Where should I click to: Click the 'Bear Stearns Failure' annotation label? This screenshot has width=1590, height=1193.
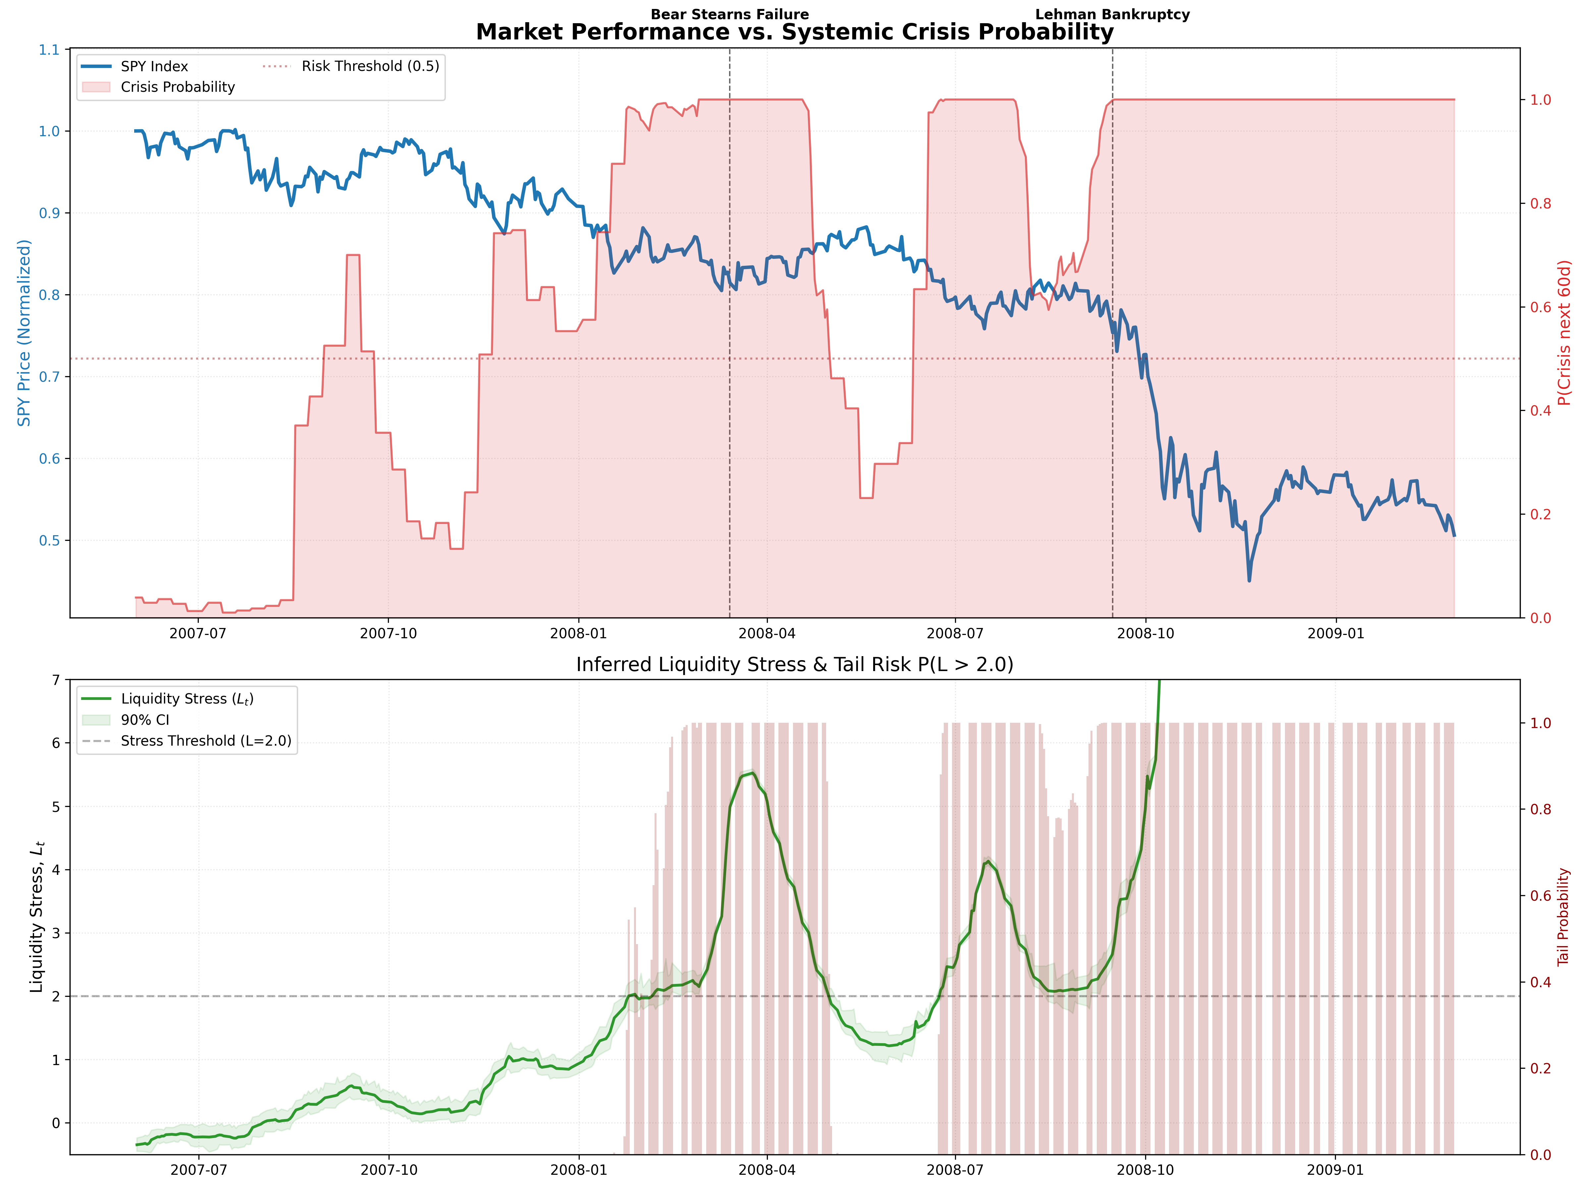click(730, 14)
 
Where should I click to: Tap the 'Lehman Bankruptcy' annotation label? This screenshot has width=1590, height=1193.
click(1112, 14)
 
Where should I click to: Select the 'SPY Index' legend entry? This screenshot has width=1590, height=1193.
click(154, 66)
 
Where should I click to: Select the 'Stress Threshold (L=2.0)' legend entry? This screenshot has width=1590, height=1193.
click(206, 741)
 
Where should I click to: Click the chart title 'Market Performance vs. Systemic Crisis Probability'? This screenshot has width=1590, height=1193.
click(794, 32)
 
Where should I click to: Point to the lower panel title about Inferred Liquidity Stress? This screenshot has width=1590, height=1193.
click(794, 664)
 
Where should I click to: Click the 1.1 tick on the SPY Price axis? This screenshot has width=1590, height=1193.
click(49, 50)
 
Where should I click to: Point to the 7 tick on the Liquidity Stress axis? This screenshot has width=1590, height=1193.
click(56, 680)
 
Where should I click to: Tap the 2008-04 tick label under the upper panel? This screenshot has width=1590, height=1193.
click(767, 634)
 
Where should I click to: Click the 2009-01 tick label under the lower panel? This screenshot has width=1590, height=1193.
click(1336, 1170)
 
